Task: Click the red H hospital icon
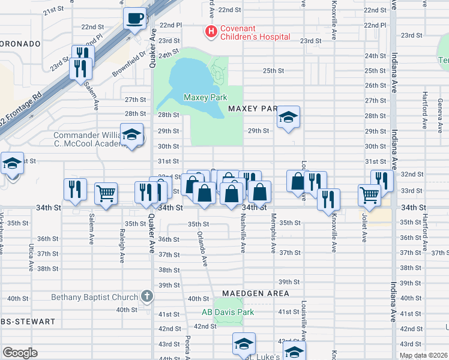click(210, 31)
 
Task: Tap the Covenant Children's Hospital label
click(254, 32)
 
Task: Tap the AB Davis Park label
click(228, 312)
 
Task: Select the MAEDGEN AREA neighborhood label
click(255, 293)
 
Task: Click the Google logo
click(20, 352)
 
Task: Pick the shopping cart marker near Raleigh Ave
click(106, 193)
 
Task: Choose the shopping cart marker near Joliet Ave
click(369, 194)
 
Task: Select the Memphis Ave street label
click(273, 232)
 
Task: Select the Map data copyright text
click(424, 355)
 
